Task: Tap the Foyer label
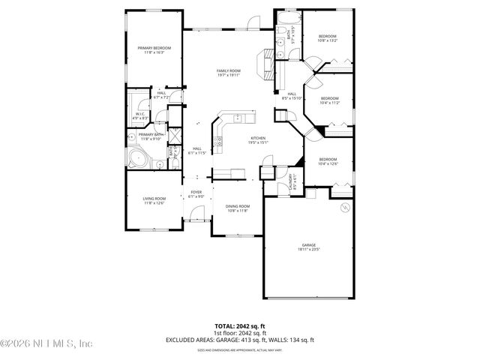(x=196, y=193)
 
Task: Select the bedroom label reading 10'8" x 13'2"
(x=328, y=39)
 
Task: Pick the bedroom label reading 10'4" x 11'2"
(x=330, y=100)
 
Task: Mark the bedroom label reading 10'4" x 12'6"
(x=328, y=161)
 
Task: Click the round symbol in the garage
(x=344, y=206)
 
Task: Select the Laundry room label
(x=294, y=181)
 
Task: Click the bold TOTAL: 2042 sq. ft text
(x=239, y=326)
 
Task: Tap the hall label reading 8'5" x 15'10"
(x=291, y=96)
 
